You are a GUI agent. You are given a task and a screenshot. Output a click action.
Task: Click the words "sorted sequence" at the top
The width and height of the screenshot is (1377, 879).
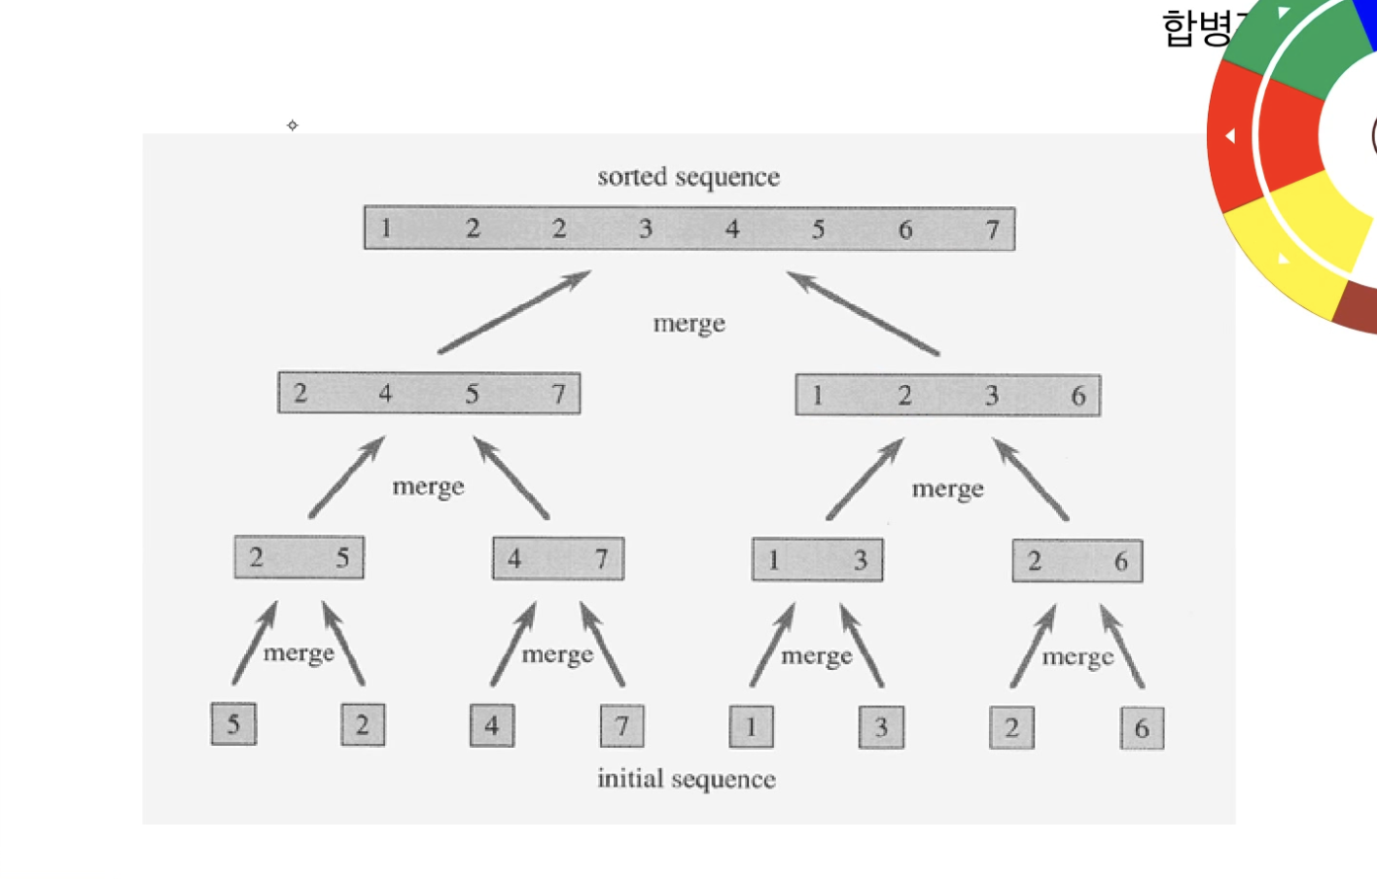click(x=688, y=177)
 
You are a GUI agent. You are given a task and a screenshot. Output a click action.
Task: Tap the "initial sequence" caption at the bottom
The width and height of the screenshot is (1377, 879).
click(x=687, y=779)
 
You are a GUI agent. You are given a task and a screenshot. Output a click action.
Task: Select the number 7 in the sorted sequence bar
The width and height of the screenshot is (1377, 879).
click(x=992, y=229)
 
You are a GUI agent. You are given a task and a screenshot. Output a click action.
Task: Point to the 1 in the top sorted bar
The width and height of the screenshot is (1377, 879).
click(x=386, y=229)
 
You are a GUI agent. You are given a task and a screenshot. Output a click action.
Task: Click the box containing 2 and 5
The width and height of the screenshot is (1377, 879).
click(x=300, y=558)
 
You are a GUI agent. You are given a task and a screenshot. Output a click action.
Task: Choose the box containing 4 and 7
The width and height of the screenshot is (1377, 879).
click(x=558, y=559)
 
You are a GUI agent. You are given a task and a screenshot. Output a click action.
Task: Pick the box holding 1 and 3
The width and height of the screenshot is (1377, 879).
click(x=818, y=560)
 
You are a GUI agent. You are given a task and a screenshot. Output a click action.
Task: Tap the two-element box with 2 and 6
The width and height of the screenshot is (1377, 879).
click(x=1077, y=561)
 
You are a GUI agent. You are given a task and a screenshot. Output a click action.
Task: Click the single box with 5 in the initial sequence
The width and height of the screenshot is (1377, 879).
click(x=233, y=724)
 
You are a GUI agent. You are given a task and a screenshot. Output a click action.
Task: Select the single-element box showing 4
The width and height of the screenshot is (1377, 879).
click(x=492, y=725)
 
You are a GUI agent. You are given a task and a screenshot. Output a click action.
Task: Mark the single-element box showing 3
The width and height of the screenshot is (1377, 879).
click(x=881, y=727)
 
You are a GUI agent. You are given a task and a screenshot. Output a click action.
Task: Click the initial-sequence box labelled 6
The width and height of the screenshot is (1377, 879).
click(x=1142, y=728)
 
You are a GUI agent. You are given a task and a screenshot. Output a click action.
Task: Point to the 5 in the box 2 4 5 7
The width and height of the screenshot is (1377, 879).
click(x=472, y=394)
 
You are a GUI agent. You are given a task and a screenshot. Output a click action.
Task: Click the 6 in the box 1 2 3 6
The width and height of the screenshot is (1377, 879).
click(x=1078, y=396)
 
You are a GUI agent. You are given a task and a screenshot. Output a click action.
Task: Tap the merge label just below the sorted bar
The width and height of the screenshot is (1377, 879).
click(x=689, y=324)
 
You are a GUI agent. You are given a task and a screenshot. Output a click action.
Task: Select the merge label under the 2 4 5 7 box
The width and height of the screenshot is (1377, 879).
click(x=428, y=486)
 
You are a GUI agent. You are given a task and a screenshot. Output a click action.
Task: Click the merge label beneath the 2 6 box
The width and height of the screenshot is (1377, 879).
click(x=1077, y=657)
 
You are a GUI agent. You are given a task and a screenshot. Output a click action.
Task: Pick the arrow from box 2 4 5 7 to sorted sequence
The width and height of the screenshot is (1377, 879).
click(x=514, y=311)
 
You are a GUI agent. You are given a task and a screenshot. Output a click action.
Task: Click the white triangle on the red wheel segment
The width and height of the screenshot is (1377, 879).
click(x=1230, y=136)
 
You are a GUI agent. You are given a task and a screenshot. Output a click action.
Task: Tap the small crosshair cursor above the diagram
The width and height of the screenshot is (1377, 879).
click(x=293, y=125)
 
